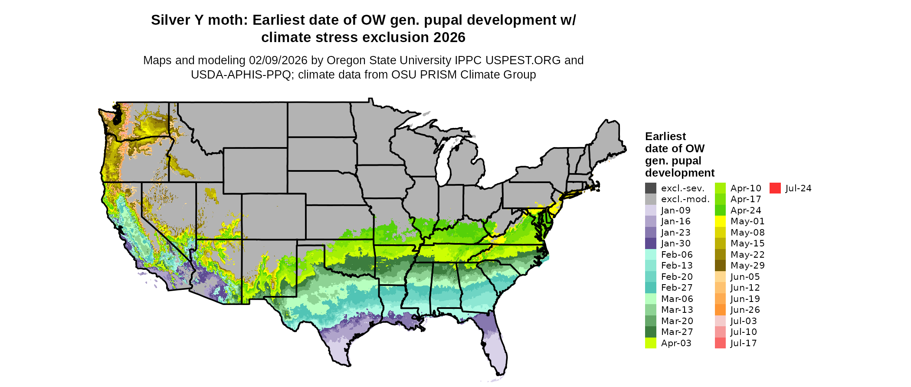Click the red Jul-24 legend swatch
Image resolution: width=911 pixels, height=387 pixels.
pos(775,188)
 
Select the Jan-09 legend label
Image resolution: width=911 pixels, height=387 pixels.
pos(675,210)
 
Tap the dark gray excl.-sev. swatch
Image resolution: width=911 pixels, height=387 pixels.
pos(651,188)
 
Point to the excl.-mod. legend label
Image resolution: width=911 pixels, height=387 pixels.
pos(685,199)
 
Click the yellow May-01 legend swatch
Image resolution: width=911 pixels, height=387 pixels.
pos(720,221)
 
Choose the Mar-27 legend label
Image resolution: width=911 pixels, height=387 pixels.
pos(677,332)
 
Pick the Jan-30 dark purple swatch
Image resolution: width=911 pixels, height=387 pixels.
pos(651,243)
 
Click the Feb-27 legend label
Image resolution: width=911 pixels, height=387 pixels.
pos(677,288)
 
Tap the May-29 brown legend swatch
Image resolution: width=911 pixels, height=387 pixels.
pos(720,266)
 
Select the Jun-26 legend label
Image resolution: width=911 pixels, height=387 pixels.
pos(745,310)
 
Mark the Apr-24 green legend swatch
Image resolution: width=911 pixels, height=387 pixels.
pos(720,210)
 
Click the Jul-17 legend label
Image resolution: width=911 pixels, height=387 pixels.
pos(744,343)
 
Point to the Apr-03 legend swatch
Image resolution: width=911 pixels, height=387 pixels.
pos(651,343)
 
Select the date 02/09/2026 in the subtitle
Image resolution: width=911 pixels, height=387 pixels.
pos(278,60)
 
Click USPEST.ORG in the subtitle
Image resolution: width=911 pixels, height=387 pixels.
pos(523,60)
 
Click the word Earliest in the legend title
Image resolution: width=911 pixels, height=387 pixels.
pos(665,137)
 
